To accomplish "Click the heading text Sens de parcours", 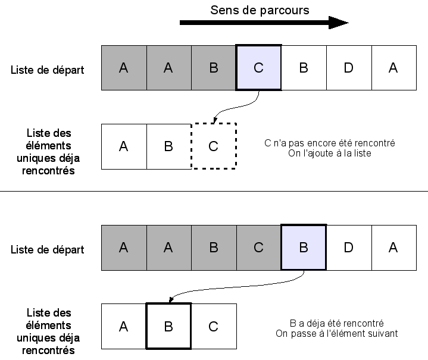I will coord(260,10).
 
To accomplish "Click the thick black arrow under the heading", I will coord(262,23).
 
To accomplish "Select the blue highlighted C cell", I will coord(258,68).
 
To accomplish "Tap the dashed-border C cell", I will coord(214,146).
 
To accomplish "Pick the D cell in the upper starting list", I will coord(348,68).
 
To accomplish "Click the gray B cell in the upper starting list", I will coord(214,68).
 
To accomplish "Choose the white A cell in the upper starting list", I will coord(393,68).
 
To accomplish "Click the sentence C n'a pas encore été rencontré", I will coord(329,143).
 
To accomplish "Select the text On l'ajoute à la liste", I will coord(329,154).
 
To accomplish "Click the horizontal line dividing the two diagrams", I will coord(214,191).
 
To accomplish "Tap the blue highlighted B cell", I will coord(304,248).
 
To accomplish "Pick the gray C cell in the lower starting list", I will coord(258,248).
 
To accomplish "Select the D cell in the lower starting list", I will coord(348,248).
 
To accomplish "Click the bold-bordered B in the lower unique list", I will coord(168,326).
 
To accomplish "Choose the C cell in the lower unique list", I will coord(214,326).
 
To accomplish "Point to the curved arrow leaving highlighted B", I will coord(238,289).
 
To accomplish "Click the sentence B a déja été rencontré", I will coord(336,323).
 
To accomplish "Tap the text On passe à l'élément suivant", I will coord(336,333).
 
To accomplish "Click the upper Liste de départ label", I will coord(47,70).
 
